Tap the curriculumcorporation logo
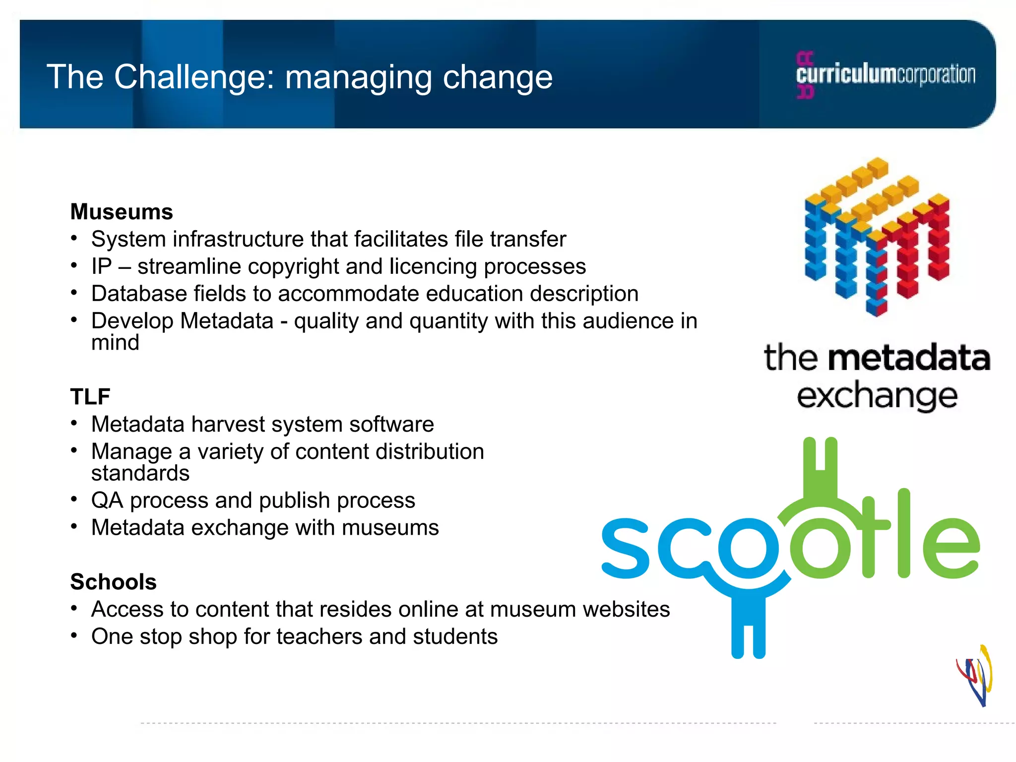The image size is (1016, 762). pyautogui.click(x=886, y=75)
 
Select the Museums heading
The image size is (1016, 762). pyautogui.click(x=122, y=212)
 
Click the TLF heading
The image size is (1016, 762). pyautogui.click(x=90, y=397)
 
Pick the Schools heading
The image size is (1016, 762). pyautogui.click(x=114, y=582)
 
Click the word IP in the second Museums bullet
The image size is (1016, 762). pyautogui.click(x=102, y=266)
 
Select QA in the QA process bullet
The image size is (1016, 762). pyautogui.click(x=107, y=501)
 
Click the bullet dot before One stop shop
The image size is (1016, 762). pyautogui.click(x=74, y=635)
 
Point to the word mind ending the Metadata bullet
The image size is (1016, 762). pyautogui.click(x=115, y=343)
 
